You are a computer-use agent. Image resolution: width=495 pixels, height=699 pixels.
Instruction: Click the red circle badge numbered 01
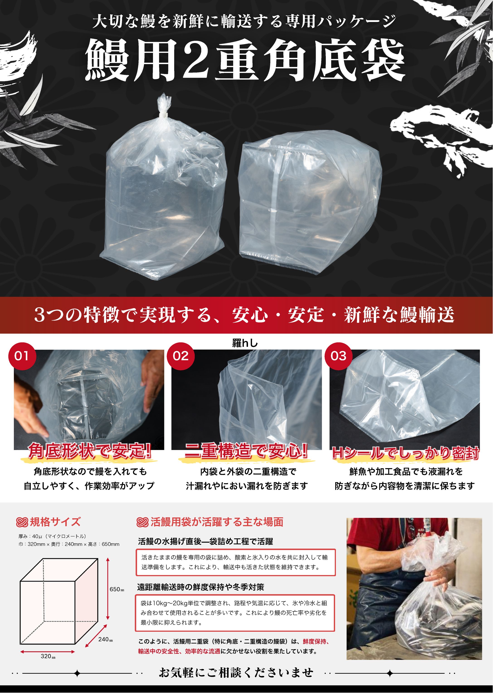(x=22, y=356)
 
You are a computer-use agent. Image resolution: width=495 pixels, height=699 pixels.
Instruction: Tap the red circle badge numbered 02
(x=180, y=356)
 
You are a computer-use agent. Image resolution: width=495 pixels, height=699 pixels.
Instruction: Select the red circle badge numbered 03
(x=338, y=356)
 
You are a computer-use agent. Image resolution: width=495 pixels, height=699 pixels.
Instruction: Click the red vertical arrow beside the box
(x=108, y=589)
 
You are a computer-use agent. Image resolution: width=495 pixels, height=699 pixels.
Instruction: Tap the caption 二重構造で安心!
(x=246, y=451)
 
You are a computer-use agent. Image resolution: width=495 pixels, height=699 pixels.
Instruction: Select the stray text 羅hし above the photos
(x=245, y=343)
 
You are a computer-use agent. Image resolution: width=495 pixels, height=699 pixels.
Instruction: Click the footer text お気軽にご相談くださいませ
(x=236, y=673)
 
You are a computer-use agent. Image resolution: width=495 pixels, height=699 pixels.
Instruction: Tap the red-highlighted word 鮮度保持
(x=314, y=642)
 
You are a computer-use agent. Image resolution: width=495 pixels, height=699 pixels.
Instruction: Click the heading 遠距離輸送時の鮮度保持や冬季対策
(x=200, y=587)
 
